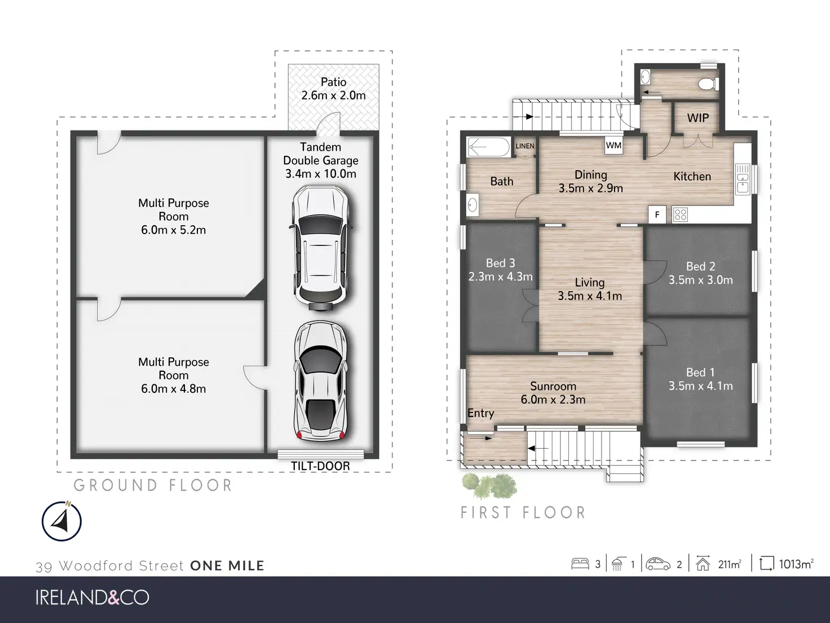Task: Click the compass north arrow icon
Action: coord(61,521)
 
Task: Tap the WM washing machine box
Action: coord(613,145)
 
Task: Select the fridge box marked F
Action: coord(657,215)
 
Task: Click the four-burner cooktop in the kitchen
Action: coord(680,214)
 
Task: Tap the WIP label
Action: coord(698,118)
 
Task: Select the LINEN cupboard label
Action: coord(525,146)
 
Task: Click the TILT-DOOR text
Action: coord(320,466)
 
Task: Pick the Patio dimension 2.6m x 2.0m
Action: coord(333,95)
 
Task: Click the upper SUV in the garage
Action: coord(321,247)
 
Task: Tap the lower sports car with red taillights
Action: coord(321,381)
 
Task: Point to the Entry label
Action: coord(480,413)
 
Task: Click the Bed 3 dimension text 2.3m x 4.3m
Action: coord(500,277)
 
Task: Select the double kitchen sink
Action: coord(743,178)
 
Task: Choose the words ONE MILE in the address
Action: coord(227,566)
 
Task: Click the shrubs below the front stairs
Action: coord(489,486)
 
